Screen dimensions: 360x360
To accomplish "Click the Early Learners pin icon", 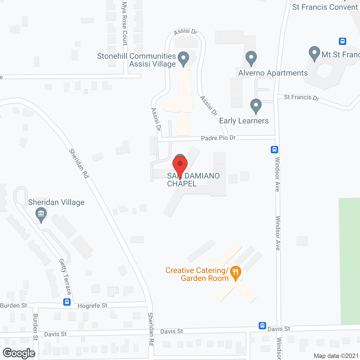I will [256, 106].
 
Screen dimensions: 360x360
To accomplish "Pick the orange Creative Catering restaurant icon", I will [235, 273].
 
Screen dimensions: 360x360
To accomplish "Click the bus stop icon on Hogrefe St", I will [67, 302].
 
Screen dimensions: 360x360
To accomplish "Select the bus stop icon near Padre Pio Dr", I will [274, 150].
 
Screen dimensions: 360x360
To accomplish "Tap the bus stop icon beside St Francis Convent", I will [342, 41].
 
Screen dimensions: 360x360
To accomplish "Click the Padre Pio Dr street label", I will [218, 138].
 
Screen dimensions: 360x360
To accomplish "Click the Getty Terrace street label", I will [65, 277].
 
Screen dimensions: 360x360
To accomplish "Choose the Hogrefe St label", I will [92, 306].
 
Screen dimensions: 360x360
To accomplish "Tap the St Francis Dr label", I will [301, 98].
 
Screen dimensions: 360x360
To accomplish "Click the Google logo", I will [19, 353].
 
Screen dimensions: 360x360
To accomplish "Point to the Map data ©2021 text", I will [336, 356].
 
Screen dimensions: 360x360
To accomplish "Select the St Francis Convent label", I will [325, 7].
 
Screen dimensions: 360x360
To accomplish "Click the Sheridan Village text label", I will [56, 202].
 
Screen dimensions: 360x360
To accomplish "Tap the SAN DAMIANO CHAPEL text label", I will [193, 180].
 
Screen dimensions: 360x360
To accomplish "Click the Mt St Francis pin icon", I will [314, 53].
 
